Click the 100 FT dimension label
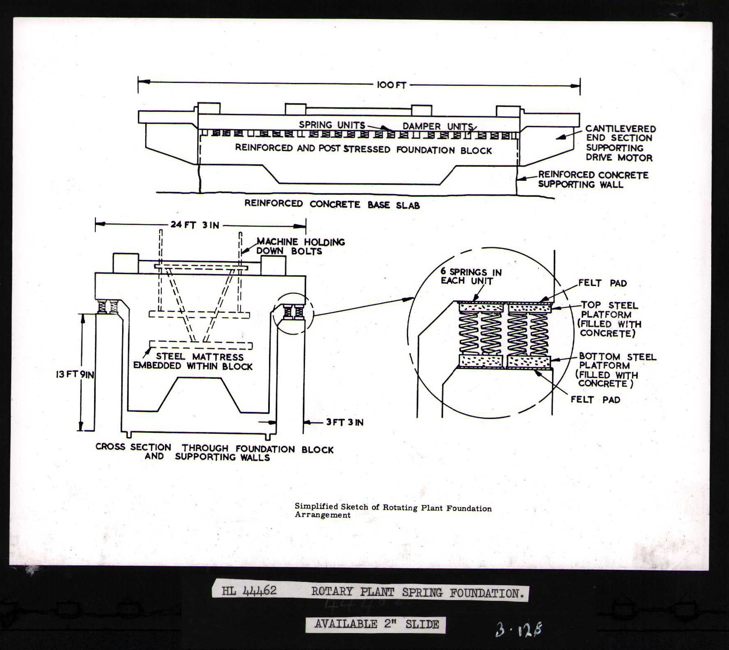(391, 85)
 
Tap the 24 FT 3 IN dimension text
(195, 225)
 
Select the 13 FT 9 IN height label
(75, 375)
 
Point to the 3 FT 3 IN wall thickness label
(344, 422)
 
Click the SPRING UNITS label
(332, 125)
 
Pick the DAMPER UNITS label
(437, 126)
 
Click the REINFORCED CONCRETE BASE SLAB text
(332, 204)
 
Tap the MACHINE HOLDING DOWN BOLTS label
(300, 246)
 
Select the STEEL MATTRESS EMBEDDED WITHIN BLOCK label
(193, 362)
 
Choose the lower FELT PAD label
(595, 399)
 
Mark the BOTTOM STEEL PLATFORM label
(617, 370)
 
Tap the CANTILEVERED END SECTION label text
(620, 143)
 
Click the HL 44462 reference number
(249, 591)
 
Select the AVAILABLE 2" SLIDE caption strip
(376, 624)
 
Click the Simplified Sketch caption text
(393, 511)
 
